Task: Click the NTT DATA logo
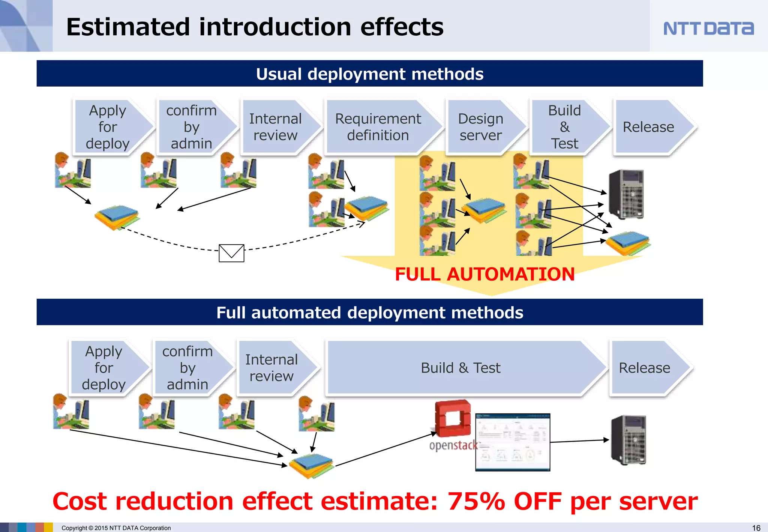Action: pyautogui.click(x=708, y=29)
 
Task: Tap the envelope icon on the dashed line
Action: pyautogui.click(x=231, y=253)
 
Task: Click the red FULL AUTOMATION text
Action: pyautogui.click(x=484, y=274)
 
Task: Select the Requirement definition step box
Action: pyautogui.click(x=378, y=127)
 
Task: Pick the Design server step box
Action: pyautogui.click(x=481, y=127)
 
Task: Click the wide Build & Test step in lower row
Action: pyautogui.click(x=460, y=368)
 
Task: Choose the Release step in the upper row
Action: pyautogui.click(x=649, y=127)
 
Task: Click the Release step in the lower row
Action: pyautogui.click(x=644, y=368)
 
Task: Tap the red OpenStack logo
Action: pyautogui.click(x=453, y=418)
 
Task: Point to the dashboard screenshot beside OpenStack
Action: pyautogui.click(x=513, y=442)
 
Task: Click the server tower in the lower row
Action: pyautogui.click(x=629, y=440)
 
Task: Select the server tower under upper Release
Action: pyautogui.click(x=626, y=194)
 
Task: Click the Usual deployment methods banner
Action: pyautogui.click(x=369, y=74)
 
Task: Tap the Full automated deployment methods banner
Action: pyautogui.click(x=369, y=313)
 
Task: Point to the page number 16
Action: pyautogui.click(x=756, y=528)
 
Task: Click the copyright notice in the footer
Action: pyautogui.click(x=116, y=528)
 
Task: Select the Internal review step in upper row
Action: pyautogui.click(x=275, y=127)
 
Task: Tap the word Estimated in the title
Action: pyautogui.click(x=128, y=27)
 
